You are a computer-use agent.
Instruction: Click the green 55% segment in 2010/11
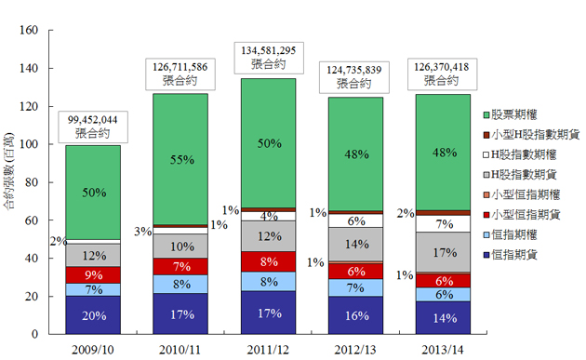click(x=180, y=159)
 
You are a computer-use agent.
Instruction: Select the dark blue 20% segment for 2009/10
click(x=93, y=314)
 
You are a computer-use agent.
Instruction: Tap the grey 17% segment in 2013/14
click(x=443, y=251)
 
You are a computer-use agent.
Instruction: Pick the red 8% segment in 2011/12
click(x=268, y=261)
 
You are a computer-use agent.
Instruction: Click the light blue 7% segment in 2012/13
click(x=355, y=287)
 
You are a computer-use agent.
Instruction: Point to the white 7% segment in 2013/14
click(x=443, y=223)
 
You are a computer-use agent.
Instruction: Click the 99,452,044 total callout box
click(x=93, y=127)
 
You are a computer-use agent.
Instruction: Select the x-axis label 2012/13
click(x=355, y=350)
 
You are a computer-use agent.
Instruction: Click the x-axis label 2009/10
click(x=93, y=350)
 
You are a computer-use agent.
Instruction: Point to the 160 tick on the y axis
click(x=29, y=30)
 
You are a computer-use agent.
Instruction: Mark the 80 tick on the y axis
click(x=32, y=182)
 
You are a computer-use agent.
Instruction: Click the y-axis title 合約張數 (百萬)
click(x=8, y=171)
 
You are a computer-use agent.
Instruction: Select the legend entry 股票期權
click(x=510, y=114)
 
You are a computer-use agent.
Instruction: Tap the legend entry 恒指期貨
click(x=510, y=255)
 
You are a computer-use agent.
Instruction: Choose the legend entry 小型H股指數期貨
click(x=531, y=135)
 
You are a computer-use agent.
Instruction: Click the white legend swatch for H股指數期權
click(x=486, y=154)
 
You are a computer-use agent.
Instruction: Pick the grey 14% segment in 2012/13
click(x=355, y=245)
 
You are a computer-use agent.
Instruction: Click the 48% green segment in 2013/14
click(x=443, y=153)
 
